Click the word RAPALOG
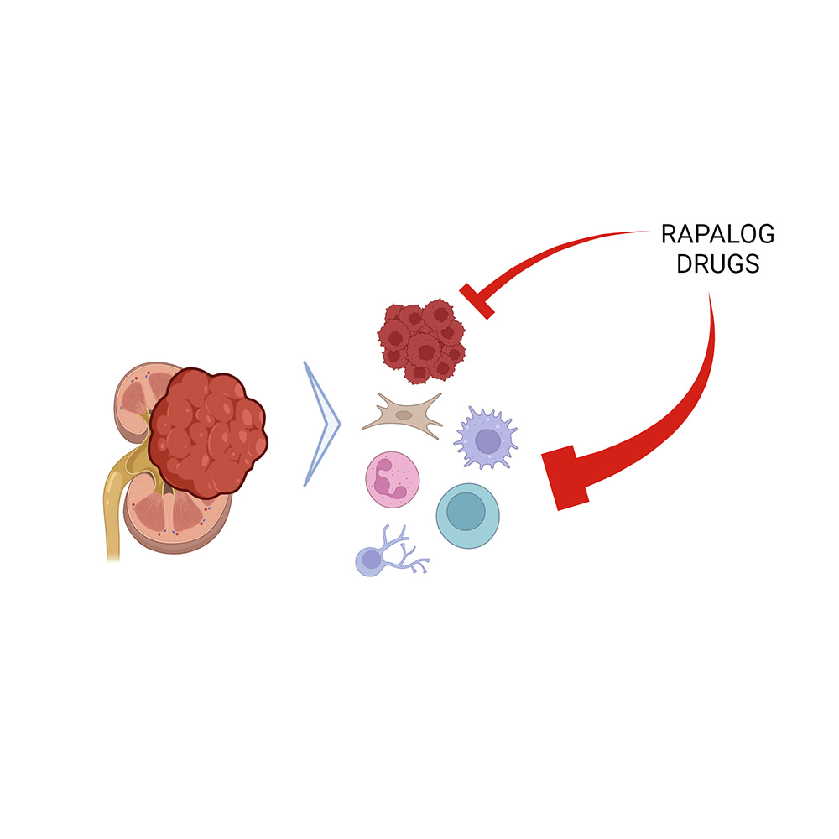(x=717, y=235)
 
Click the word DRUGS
(x=717, y=263)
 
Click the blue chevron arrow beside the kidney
(x=323, y=424)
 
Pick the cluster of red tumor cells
(x=420, y=340)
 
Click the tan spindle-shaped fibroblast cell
(x=404, y=414)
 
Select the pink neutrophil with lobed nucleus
(x=391, y=479)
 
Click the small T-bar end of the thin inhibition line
(x=477, y=301)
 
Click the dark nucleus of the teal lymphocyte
(x=465, y=510)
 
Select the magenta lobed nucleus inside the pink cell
(x=388, y=478)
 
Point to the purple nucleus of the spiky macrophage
(x=487, y=440)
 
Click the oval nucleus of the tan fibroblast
(x=404, y=414)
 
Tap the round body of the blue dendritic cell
(x=370, y=560)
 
